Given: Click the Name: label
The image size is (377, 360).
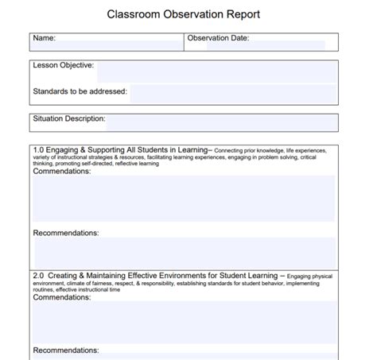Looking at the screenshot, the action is pos(44,37).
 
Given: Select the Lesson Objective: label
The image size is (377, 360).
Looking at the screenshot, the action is pos(63,65).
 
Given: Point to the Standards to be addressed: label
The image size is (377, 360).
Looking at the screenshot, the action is pos(80,92).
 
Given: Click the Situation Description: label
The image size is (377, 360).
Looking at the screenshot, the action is pos(68,118).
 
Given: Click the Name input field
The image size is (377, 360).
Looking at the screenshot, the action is pos(119,43).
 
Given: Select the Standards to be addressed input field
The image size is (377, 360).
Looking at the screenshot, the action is pos(231,94).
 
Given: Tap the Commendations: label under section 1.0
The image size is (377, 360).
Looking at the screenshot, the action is pos(62,171).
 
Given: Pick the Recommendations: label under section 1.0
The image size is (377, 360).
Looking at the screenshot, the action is pos(66,233).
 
